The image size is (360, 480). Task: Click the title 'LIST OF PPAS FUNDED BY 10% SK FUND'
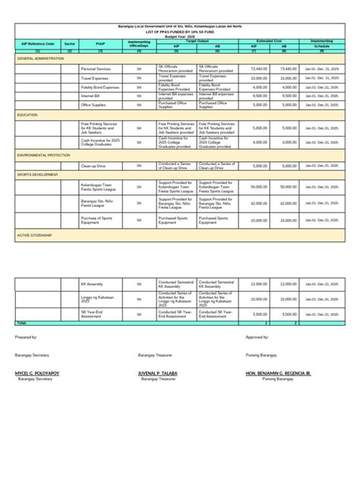pyautogui.click(x=179, y=31)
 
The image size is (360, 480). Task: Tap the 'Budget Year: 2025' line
pyautogui.click(x=179, y=36)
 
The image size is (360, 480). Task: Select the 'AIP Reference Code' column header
pyautogui.click(x=37, y=45)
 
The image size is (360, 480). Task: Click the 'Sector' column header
pyautogui.click(x=69, y=45)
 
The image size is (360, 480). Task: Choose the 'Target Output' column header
pyautogui.click(x=197, y=40)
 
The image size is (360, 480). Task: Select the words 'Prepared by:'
pyautogui.click(x=26, y=336)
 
